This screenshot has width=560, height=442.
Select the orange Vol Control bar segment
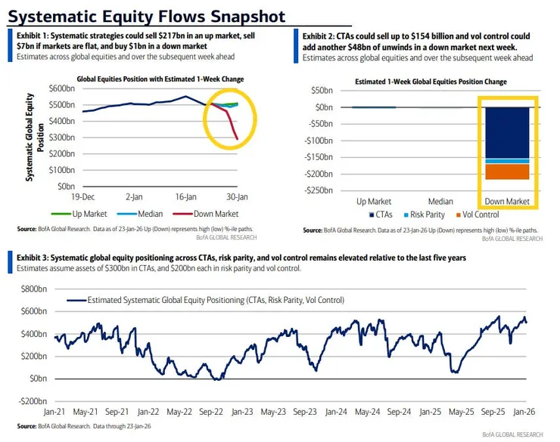(507, 172)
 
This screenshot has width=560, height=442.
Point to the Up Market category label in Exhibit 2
(373, 201)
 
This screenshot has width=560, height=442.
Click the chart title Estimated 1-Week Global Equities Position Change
(431, 82)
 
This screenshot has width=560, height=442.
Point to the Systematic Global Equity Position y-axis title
(30, 136)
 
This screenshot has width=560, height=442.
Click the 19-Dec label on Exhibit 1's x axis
(83, 195)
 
